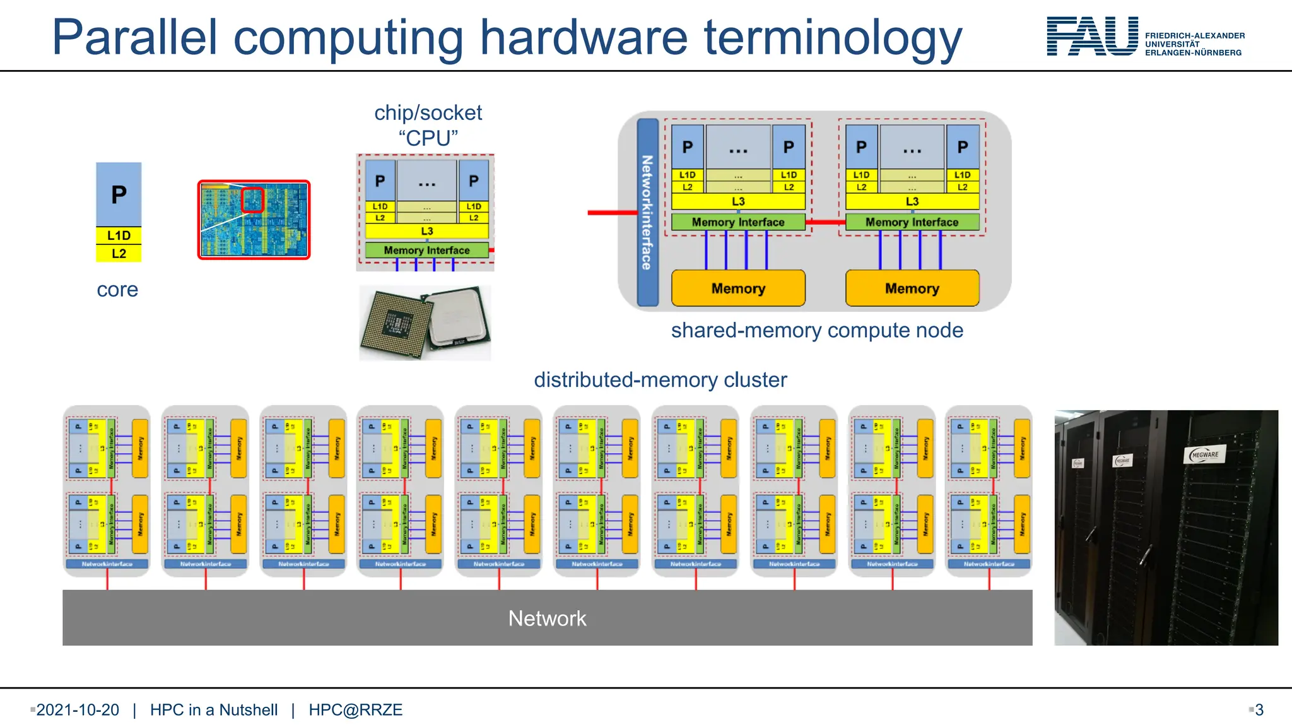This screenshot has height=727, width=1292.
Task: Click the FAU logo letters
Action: [1092, 37]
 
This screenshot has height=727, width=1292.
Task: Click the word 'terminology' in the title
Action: [833, 38]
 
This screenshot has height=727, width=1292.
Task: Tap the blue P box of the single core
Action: [119, 194]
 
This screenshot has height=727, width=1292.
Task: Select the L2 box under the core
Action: [119, 254]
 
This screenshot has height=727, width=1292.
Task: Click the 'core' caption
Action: [117, 290]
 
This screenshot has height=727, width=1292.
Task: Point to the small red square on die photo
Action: [253, 200]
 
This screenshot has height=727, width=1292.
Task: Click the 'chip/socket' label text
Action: [428, 113]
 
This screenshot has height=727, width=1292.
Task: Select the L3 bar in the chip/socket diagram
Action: [427, 231]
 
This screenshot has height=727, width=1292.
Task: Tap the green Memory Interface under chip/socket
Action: [426, 250]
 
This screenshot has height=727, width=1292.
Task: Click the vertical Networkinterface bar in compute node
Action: [647, 212]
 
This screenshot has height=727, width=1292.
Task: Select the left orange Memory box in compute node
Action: [738, 288]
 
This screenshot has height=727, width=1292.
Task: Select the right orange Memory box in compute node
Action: [912, 288]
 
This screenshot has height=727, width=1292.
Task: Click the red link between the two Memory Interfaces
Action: [825, 222]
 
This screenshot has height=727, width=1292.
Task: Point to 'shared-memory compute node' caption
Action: [817, 331]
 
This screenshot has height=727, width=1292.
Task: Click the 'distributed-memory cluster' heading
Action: [661, 380]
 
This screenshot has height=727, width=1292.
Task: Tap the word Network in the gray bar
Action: [547, 618]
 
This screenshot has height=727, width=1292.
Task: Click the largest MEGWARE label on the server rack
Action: [1205, 454]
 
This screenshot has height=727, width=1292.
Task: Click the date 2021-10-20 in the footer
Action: [78, 710]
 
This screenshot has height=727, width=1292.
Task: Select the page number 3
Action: [1259, 710]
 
